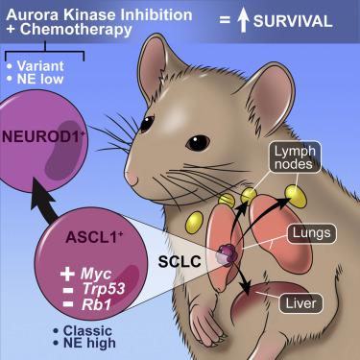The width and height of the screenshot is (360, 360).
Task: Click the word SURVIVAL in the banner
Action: (293, 21)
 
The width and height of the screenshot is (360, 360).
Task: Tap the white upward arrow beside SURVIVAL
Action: (243, 21)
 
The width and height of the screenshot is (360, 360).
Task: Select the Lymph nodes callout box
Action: (295, 157)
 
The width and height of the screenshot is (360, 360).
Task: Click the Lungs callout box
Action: (311, 233)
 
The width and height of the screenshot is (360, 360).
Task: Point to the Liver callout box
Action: (300, 303)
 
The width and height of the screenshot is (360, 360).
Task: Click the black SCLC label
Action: (180, 261)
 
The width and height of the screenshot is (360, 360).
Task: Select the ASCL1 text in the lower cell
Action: (94, 238)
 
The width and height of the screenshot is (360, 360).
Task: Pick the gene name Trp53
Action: (104, 289)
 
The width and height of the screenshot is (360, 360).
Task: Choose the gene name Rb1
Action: (96, 304)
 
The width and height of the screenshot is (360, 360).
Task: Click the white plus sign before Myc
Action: (67, 275)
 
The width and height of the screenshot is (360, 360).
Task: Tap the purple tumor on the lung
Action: (227, 255)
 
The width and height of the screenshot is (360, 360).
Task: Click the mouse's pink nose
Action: (131, 178)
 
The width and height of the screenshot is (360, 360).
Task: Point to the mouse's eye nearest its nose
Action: (147, 125)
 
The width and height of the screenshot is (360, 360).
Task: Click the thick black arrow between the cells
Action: (45, 200)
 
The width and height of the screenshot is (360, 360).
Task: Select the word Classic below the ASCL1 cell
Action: (87, 330)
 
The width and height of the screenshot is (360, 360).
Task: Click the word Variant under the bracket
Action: (40, 66)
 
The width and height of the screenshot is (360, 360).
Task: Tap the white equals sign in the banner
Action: (225, 21)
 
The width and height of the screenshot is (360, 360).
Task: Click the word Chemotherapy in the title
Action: (76, 30)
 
